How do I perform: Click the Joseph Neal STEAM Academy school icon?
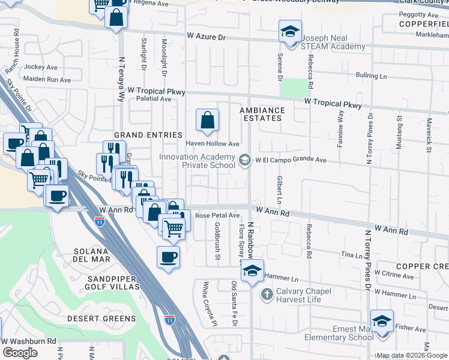click(290, 31)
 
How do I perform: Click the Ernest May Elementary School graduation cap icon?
click(382, 320)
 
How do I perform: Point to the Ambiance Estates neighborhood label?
click(261, 114)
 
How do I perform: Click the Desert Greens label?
click(101, 318)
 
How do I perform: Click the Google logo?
click(20, 353)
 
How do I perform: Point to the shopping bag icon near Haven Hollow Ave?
click(207, 121)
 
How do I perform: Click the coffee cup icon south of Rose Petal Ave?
click(168, 257)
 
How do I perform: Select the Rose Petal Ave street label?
click(217, 215)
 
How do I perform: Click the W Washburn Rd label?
click(28, 341)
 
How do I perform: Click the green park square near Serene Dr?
click(294, 88)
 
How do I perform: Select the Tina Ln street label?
click(352, 255)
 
